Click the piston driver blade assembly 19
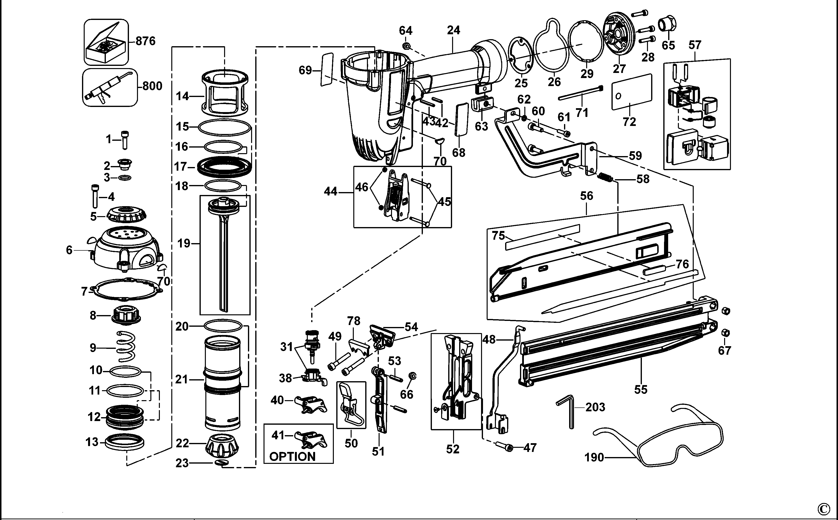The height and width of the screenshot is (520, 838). click(x=224, y=255)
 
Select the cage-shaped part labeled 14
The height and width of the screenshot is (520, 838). click(x=225, y=96)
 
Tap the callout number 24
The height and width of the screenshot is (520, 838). click(x=453, y=30)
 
